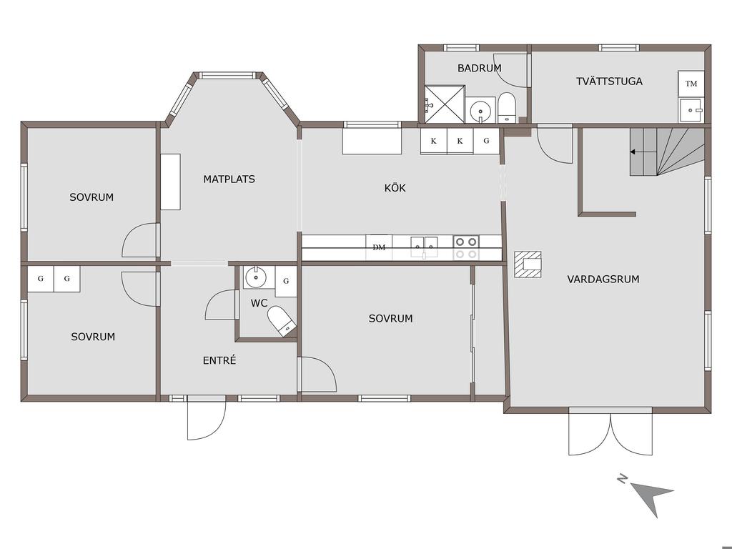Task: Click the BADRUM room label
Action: coord(480,68)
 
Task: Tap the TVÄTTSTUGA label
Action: coord(609,81)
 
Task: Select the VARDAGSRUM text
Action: coord(603,280)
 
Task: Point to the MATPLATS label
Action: coord(229,179)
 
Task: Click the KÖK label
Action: coord(395,188)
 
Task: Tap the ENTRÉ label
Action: coord(219,360)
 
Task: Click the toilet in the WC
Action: coord(282,321)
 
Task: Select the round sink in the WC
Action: coord(255,277)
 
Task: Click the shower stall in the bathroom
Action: coord(445,104)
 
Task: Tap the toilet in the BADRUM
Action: coord(507,107)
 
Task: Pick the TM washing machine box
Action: coord(691,84)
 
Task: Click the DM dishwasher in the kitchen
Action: coord(379,247)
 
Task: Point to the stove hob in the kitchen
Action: coord(466,248)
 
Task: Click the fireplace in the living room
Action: coord(528,264)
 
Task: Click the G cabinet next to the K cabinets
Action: coord(486,141)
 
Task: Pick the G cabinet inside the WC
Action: coord(286,281)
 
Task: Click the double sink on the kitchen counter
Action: coord(425,247)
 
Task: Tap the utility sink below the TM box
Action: coord(691,110)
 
